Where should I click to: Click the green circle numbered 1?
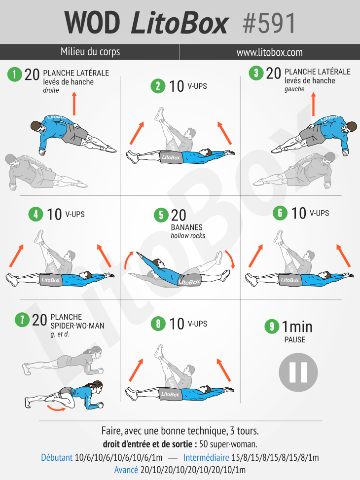click(x=14, y=74)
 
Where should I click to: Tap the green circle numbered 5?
click(x=161, y=215)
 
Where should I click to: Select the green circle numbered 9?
click(x=272, y=326)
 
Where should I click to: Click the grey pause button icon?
click(x=298, y=372)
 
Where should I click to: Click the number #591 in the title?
click(x=269, y=23)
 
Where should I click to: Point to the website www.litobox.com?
click(x=269, y=52)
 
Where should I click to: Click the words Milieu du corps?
click(x=90, y=52)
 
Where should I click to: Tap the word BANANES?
click(x=187, y=227)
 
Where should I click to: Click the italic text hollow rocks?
click(x=188, y=236)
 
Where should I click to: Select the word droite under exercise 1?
click(x=51, y=90)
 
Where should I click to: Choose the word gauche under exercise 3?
click(x=294, y=89)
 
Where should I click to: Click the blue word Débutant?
click(x=57, y=458)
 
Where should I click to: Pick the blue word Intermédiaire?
click(x=206, y=458)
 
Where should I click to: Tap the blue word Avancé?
click(x=126, y=470)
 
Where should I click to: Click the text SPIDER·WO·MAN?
click(x=77, y=326)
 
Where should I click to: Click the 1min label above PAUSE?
click(x=297, y=327)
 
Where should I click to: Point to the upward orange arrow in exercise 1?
click(x=74, y=104)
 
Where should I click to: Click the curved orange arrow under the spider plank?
click(x=56, y=408)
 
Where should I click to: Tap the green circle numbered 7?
click(x=22, y=320)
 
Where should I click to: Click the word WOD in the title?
click(x=92, y=23)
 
